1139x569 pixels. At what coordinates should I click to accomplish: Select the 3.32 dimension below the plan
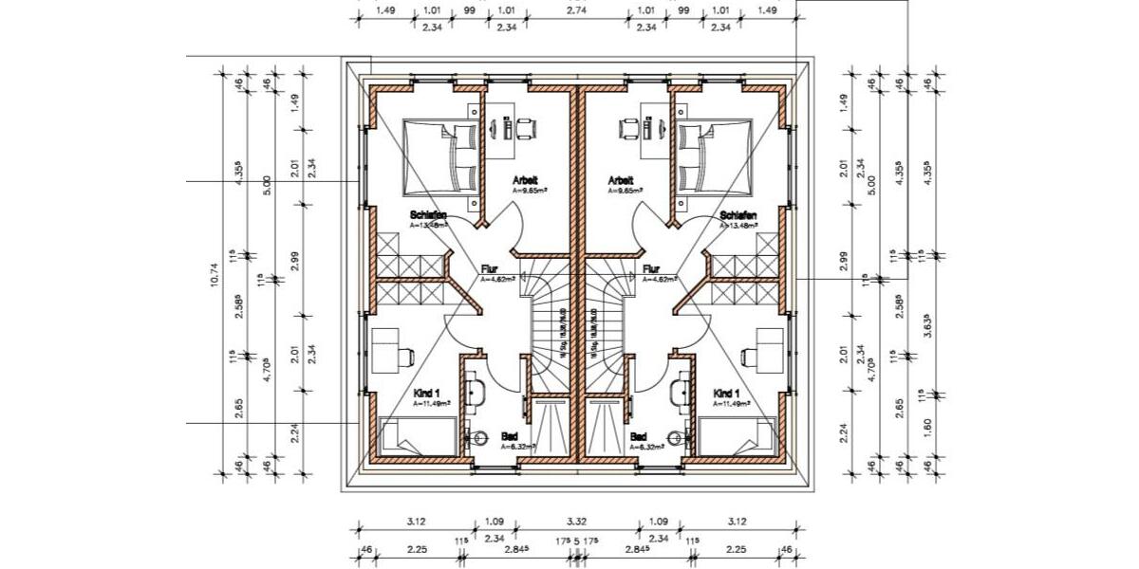tap(576, 520)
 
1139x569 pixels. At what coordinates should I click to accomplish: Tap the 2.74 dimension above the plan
tap(576, 11)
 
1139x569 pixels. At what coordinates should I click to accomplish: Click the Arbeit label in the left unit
tap(526, 179)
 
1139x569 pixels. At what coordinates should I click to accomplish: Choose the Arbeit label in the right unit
tap(621, 179)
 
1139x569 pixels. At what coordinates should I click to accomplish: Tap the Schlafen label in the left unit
tap(428, 215)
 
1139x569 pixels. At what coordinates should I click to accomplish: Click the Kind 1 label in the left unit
tap(426, 393)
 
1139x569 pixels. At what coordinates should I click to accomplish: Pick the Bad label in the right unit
tap(640, 437)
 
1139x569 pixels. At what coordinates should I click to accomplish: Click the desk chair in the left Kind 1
tap(407, 355)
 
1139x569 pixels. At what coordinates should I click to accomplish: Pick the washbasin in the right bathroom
tap(678, 389)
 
